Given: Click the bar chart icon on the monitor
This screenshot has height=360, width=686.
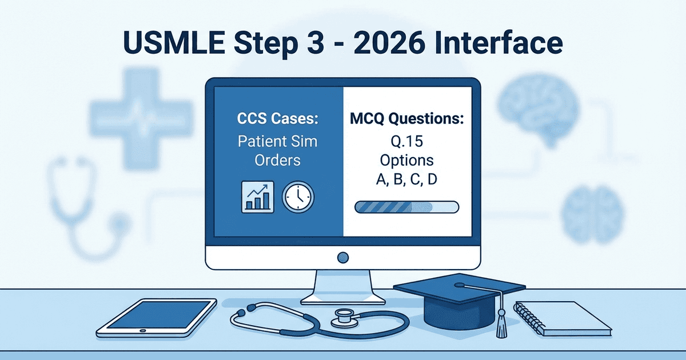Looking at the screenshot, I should tap(256, 198).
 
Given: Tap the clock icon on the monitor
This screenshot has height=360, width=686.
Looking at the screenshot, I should tap(298, 198).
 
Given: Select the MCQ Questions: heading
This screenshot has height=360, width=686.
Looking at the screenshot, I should tap(408, 121).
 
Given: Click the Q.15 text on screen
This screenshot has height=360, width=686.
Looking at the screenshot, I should tap(408, 141).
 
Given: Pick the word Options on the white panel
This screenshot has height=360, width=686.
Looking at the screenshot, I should tap(408, 160).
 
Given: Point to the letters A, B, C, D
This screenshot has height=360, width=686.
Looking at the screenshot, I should tap(408, 180).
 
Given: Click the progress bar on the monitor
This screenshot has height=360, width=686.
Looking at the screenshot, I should tap(406, 206).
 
